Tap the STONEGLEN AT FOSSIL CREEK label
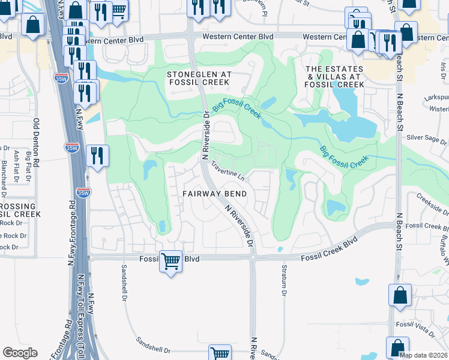coord(199,79)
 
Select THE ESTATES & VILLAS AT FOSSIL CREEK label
coord(335,77)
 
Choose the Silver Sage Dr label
coord(427,137)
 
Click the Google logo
coord(20,353)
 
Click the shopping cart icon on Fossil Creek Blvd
coord(171,261)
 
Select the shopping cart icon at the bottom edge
coord(220,353)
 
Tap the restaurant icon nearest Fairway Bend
coord(97,156)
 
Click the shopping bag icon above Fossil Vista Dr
coord(400,296)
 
